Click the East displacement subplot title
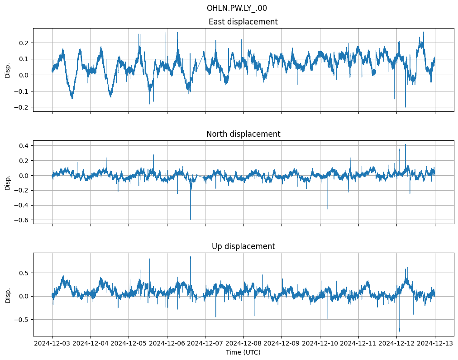click(243, 22)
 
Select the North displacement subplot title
click(243, 134)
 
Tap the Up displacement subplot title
click(243, 246)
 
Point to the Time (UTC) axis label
click(243, 352)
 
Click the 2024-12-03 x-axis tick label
click(52, 344)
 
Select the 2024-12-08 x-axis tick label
click(243, 344)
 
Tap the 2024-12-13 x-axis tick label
click(435, 344)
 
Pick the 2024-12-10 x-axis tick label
click(320, 344)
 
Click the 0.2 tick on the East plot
click(23, 43)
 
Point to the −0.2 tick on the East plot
click(21, 107)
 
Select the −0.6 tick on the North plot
click(21, 220)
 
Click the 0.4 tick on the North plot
click(23, 145)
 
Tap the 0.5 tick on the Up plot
click(23, 273)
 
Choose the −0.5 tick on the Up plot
click(21, 320)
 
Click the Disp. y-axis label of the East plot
click(8, 70)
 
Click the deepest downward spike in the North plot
click(191, 219)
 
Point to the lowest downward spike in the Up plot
click(399, 331)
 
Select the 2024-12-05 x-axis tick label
click(129, 344)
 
